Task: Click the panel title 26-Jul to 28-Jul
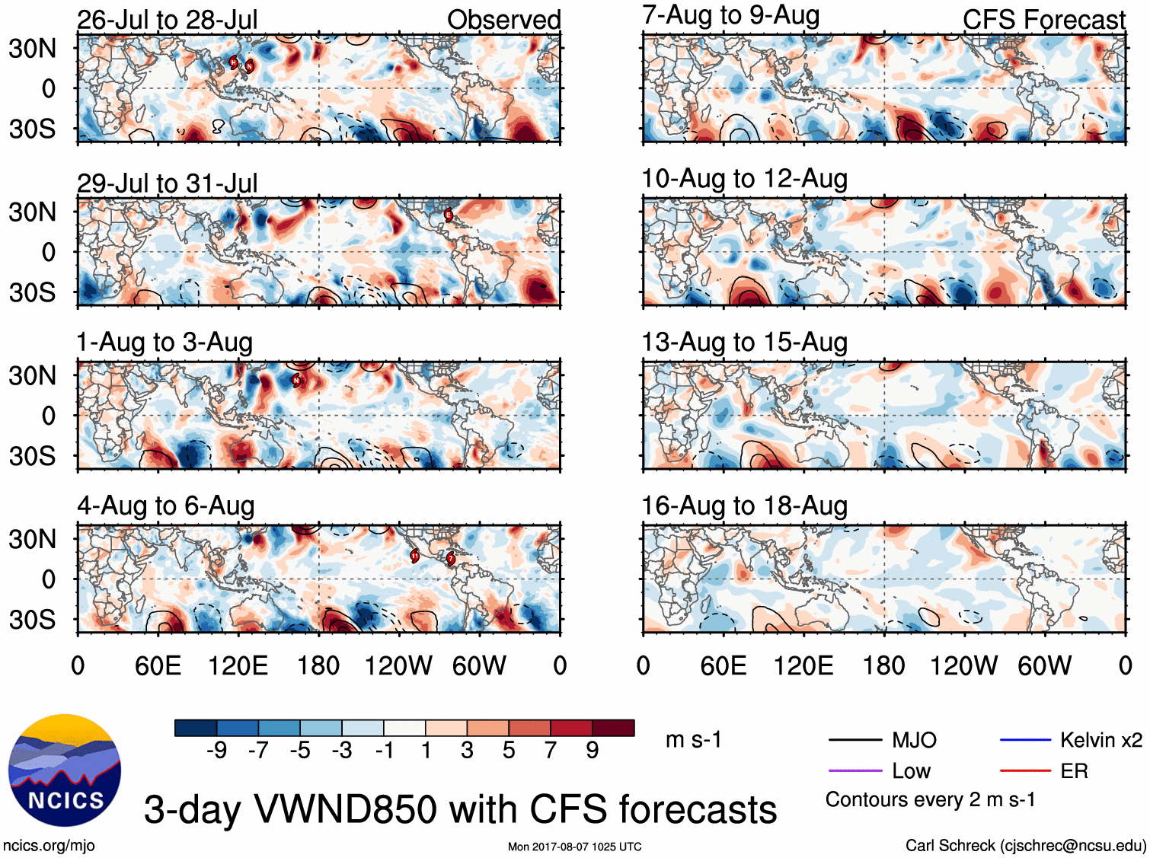point(167,20)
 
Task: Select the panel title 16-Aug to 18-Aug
point(744,506)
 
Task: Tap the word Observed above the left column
point(503,20)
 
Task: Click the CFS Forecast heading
point(1043,20)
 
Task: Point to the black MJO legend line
point(855,739)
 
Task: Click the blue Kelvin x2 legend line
point(1025,739)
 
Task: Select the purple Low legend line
point(855,771)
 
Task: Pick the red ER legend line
point(1025,771)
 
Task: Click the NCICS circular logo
point(65,770)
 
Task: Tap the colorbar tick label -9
point(216,751)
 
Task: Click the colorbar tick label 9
point(592,751)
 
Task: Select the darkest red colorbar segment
point(613,728)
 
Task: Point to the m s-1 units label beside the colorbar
point(693,740)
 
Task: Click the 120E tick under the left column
point(238,666)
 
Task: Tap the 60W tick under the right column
point(1044,666)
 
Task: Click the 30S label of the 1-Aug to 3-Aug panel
point(32,456)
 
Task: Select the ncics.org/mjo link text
point(49,845)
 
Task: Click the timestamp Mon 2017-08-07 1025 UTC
point(574,847)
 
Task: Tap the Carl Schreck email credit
point(1025,845)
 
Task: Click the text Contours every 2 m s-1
point(930,800)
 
